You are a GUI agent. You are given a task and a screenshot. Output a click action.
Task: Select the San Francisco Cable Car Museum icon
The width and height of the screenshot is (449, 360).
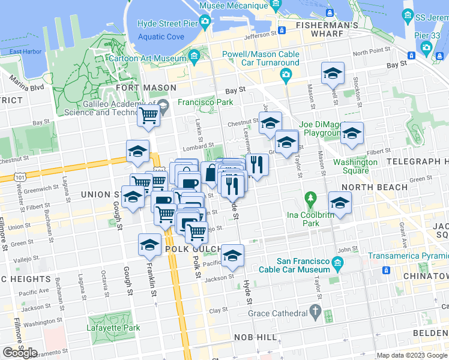(x=337, y=262)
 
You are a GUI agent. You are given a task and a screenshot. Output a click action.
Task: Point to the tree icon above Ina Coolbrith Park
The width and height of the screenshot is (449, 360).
(x=310, y=197)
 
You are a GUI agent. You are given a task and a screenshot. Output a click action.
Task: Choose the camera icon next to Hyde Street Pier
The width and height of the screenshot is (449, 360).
(x=205, y=23)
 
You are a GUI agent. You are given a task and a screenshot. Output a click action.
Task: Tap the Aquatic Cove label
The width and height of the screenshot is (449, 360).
(x=161, y=37)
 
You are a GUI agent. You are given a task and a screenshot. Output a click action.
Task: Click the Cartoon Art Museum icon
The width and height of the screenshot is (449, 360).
(x=194, y=58)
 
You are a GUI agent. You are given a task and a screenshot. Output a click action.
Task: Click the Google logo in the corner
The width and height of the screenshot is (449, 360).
(x=20, y=353)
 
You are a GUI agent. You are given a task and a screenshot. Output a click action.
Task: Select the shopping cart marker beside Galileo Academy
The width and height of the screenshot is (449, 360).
(x=148, y=116)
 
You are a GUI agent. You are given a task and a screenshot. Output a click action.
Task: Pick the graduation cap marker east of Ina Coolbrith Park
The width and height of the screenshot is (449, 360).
(x=340, y=203)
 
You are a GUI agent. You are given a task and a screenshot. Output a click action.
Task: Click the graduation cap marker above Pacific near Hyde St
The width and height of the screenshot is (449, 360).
(x=232, y=256)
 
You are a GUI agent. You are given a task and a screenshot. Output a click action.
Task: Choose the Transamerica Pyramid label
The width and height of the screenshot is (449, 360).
(x=408, y=254)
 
